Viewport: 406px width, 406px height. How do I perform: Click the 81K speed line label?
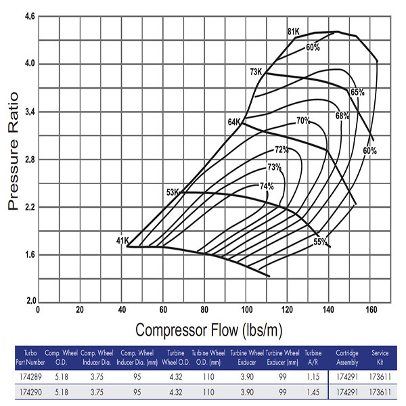pyautogui.click(x=293, y=32)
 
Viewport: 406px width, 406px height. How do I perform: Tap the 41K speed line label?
pyautogui.click(x=122, y=240)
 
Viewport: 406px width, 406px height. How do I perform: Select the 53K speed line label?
pyautogui.click(x=173, y=193)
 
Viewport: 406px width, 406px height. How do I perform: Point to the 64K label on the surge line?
pyautogui.click(x=234, y=122)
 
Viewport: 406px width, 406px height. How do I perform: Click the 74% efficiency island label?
pyautogui.click(x=267, y=186)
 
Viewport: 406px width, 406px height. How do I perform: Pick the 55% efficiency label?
pyautogui.click(x=320, y=242)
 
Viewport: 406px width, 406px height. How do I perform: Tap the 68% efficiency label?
pyautogui.click(x=342, y=116)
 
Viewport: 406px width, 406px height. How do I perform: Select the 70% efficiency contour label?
pyautogui.click(x=302, y=121)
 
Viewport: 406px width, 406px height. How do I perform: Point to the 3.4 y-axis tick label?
pyautogui.click(x=28, y=112)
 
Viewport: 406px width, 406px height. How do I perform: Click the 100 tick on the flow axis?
pyautogui.click(x=246, y=309)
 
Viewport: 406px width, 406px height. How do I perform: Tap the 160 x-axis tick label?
pyautogui.click(x=371, y=309)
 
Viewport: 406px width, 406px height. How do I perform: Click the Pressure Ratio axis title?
pyautogui.click(x=15, y=159)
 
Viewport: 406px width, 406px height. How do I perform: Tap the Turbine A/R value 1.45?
pyautogui.click(x=313, y=392)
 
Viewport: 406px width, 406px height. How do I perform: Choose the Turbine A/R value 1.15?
pyautogui.click(x=313, y=374)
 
